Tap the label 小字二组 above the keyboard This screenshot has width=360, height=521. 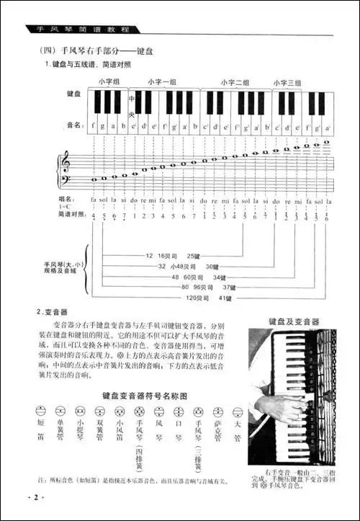[x=235, y=82]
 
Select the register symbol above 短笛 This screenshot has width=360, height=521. [x=40, y=411]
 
